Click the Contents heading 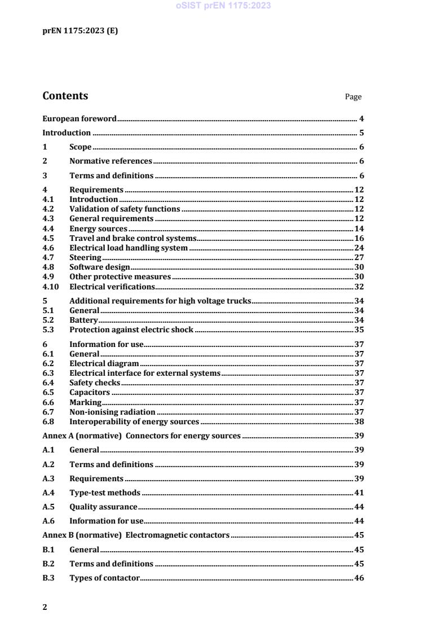click(65, 96)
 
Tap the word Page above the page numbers click(353, 97)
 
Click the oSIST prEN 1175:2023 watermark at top click(223, 6)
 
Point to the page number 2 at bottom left click(45, 607)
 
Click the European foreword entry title click(79, 118)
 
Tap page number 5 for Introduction click(361, 133)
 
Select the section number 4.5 click(48, 238)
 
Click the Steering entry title click(85, 257)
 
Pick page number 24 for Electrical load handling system click(359, 248)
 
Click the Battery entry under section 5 click(83, 320)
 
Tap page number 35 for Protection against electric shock click(359, 329)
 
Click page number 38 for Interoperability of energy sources click(359, 421)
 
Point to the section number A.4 click(48, 493)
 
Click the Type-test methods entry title click(104, 493)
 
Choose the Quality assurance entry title click(103, 507)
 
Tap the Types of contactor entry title click(104, 578)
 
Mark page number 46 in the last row click(359, 578)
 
